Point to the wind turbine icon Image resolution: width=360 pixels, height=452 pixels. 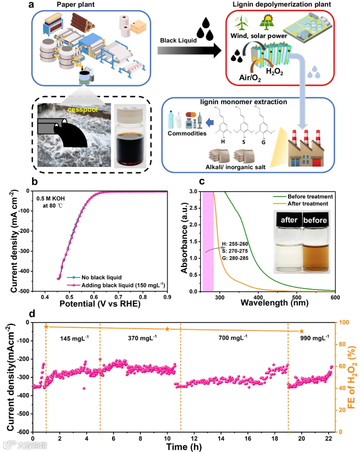click(x=240, y=22)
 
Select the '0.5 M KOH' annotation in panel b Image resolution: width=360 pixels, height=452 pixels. click(x=52, y=199)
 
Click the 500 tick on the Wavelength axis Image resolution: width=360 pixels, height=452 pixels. click(x=296, y=296)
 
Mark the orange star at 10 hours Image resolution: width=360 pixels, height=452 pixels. click(x=167, y=329)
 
